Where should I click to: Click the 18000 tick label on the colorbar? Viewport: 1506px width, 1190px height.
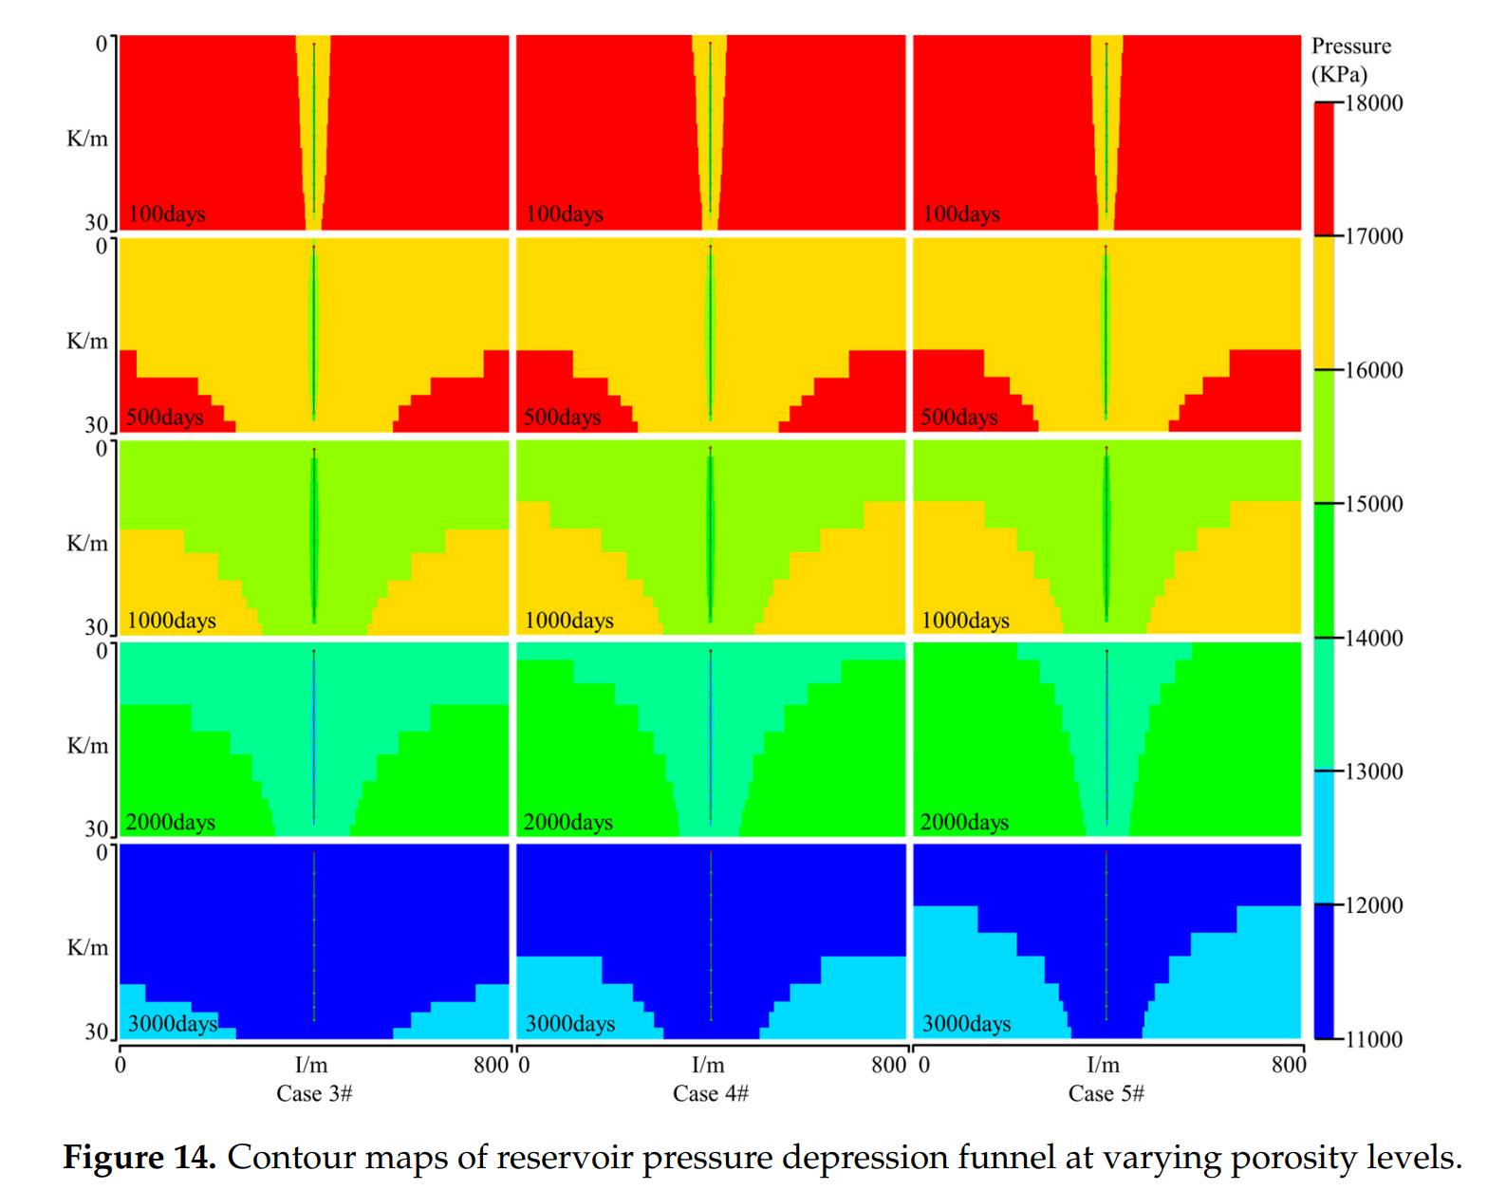(1373, 102)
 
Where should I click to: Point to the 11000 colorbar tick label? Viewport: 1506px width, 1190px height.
(1373, 1039)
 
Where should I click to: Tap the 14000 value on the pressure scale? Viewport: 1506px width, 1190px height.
(1373, 638)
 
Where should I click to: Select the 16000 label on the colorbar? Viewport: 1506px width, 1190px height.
(1373, 370)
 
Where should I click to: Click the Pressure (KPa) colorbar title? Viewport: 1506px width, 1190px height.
(1350, 59)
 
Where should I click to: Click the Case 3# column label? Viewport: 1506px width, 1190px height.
(314, 1093)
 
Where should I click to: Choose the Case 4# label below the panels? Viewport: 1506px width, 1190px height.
(711, 1093)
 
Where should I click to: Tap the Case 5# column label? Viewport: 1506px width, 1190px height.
(1106, 1093)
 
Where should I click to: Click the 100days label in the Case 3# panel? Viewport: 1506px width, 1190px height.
(167, 214)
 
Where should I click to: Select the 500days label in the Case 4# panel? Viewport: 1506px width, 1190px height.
(563, 417)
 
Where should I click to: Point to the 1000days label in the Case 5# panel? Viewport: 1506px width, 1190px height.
(965, 620)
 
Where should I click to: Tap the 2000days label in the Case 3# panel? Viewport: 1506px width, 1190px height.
(171, 822)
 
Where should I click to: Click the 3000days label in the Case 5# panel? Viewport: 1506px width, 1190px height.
(966, 1023)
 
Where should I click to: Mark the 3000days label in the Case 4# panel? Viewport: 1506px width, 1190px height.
(570, 1023)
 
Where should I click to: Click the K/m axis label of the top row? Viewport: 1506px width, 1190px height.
(87, 139)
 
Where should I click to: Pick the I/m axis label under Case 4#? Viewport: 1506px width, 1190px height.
(708, 1065)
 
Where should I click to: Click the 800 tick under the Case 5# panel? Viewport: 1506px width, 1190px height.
(1289, 1065)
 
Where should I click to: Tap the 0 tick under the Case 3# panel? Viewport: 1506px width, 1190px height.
(121, 1065)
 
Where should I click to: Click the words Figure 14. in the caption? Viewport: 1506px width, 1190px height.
(139, 1157)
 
